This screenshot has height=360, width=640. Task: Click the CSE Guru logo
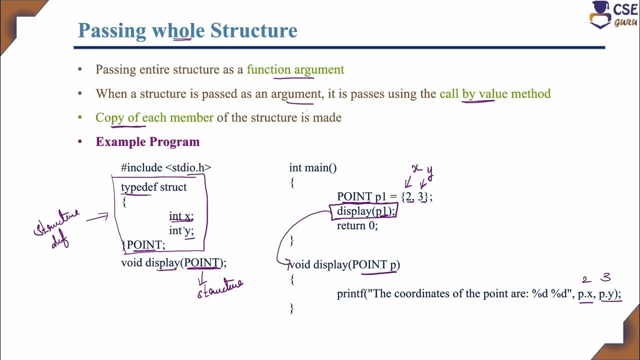coord(612,15)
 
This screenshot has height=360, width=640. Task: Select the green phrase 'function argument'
coord(295,69)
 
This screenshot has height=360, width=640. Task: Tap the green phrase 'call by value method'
coord(494,93)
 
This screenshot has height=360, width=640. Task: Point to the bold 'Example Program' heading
coord(147,142)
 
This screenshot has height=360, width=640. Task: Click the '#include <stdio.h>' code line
coord(166,167)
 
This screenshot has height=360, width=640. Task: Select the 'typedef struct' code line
coord(153,187)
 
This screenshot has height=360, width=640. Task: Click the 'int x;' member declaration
coord(181,216)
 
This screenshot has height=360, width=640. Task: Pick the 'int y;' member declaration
coord(181,230)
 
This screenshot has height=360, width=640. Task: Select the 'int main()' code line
coord(313,167)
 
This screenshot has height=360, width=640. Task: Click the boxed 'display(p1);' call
coord(365,211)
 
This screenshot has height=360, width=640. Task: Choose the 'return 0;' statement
coord(357,225)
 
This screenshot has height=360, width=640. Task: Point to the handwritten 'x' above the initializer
coord(415,169)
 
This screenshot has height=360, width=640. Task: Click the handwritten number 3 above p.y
coord(606,277)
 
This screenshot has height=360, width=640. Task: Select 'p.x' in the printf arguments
coord(585,294)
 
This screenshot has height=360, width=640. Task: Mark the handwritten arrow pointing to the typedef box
coord(97,217)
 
